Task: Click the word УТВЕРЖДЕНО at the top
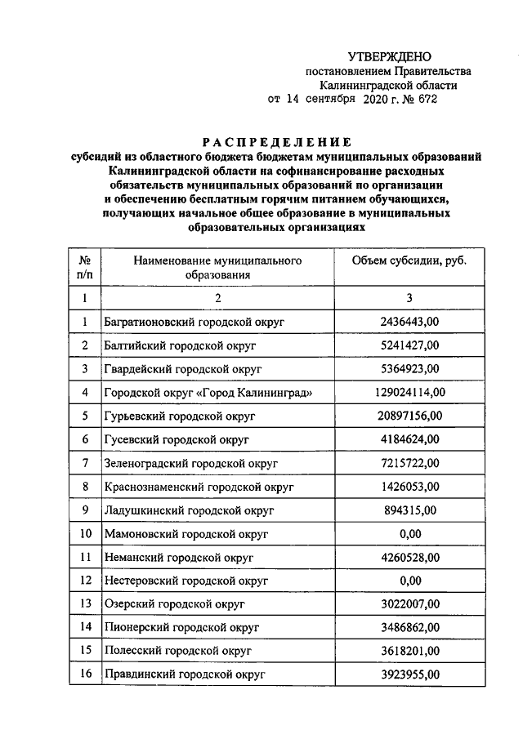pos(389,56)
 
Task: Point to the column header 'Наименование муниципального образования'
pos(217,268)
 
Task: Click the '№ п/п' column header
pos(84,268)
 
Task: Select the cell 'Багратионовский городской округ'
pos(194,322)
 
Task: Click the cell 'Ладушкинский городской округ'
pos(189,510)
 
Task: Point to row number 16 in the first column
pos(84,675)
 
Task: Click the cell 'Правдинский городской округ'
pos(184,675)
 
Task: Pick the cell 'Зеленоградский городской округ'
pos(192,463)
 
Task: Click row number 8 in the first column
pos(84,487)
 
